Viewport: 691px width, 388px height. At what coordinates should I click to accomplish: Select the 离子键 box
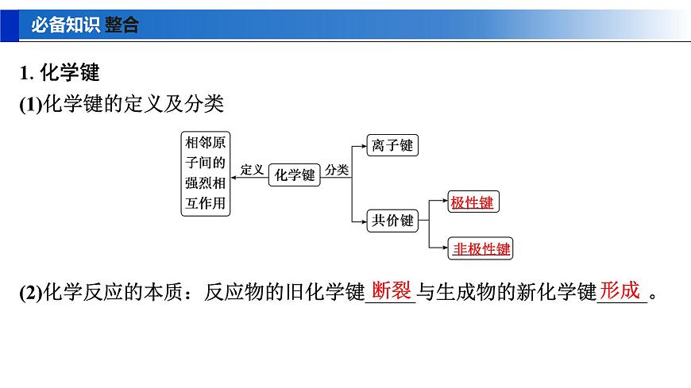click(393, 145)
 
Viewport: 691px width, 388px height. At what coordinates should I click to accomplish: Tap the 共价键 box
click(393, 221)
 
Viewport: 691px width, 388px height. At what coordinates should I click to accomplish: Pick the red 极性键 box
click(472, 202)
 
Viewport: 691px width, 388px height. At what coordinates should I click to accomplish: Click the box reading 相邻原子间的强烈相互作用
click(205, 173)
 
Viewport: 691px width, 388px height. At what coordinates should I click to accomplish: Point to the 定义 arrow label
click(252, 169)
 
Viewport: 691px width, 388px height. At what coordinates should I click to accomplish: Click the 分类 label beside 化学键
click(337, 169)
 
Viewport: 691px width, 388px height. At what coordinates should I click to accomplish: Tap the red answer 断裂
click(391, 290)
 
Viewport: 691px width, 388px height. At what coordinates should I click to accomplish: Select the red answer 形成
click(620, 290)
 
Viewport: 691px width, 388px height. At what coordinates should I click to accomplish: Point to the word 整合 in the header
click(122, 25)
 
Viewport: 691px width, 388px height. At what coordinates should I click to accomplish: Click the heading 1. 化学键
click(60, 73)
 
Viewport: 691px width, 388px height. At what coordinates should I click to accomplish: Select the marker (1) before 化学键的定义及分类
click(29, 103)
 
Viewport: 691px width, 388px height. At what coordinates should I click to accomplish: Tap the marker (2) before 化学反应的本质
click(29, 293)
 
